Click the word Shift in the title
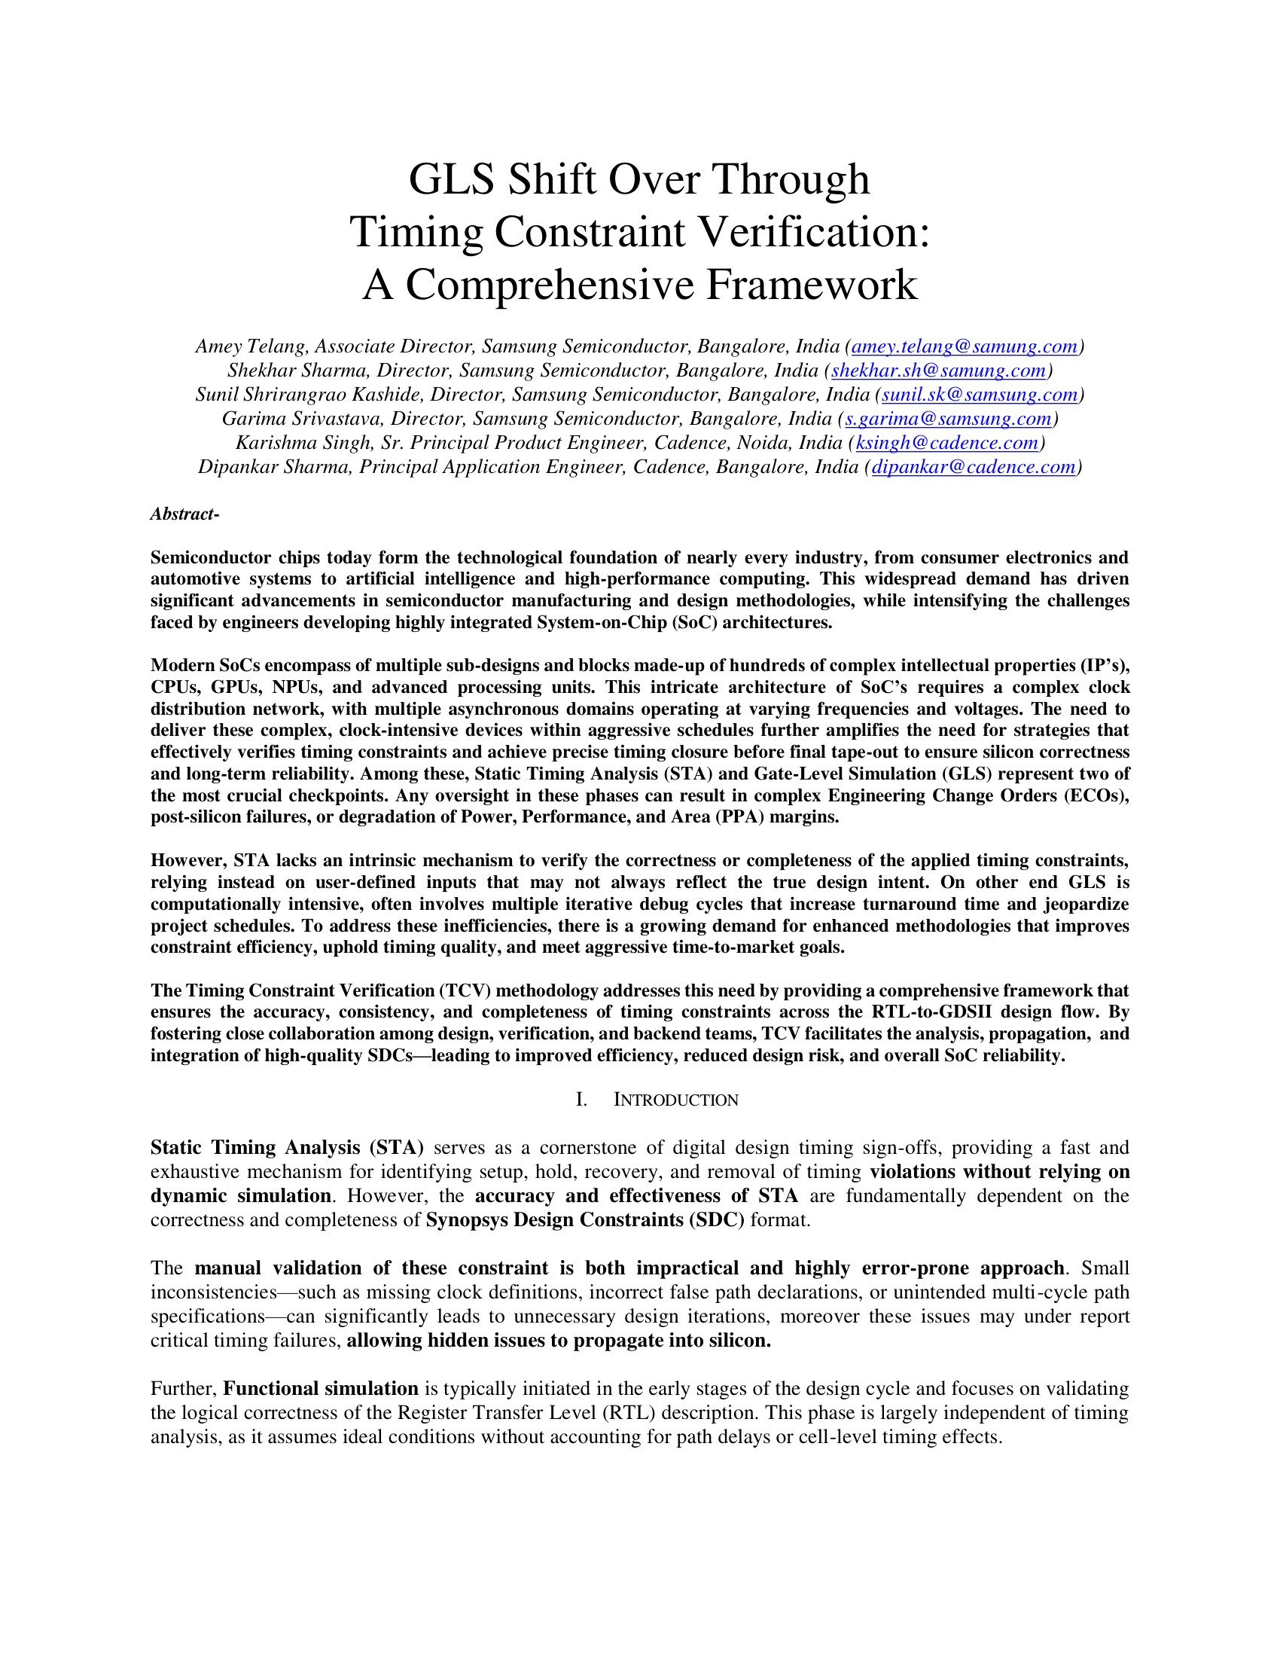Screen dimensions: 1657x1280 point(550,179)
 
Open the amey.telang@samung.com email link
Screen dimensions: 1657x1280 point(964,346)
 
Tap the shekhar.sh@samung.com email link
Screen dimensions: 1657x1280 point(938,371)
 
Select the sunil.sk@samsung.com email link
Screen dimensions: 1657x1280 point(979,395)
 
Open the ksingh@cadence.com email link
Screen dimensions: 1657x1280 point(946,443)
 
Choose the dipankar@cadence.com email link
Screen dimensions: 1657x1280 point(973,467)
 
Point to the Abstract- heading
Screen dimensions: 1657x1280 point(184,514)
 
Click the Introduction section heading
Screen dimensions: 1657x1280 point(675,1100)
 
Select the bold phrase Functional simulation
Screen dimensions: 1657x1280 point(321,1388)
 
